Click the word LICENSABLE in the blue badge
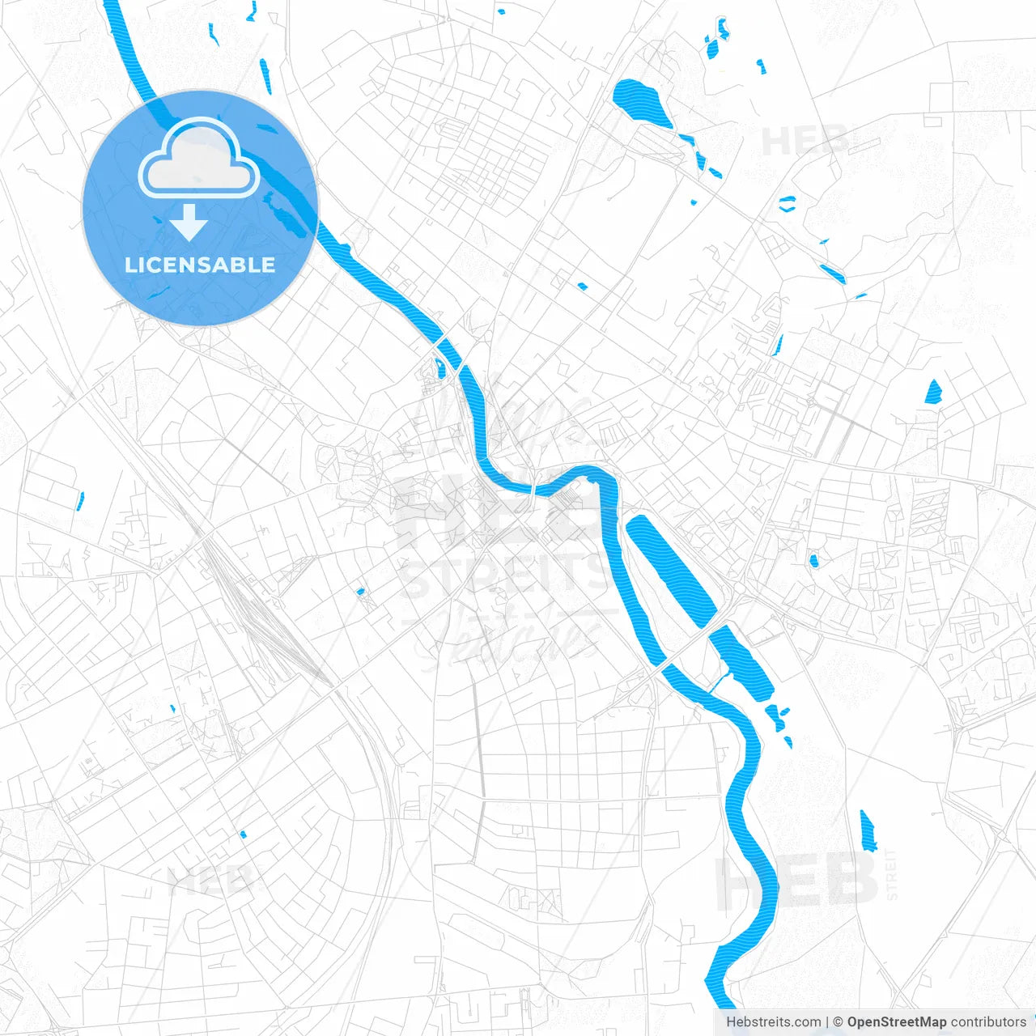pyautogui.click(x=200, y=265)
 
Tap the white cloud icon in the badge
pyautogui.click(x=199, y=160)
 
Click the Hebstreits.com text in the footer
pyautogui.click(x=773, y=1022)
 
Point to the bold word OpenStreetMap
pyautogui.click(x=897, y=1022)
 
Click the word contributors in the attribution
pyautogui.click(x=988, y=1022)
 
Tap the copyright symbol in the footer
pyautogui.click(x=838, y=1022)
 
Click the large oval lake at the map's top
pyautogui.click(x=643, y=103)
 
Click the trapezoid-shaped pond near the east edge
pyautogui.click(x=934, y=392)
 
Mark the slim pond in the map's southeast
pyautogui.click(x=868, y=831)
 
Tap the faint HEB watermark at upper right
pyautogui.click(x=805, y=142)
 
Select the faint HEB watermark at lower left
pyautogui.click(x=212, y=880)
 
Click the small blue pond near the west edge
pyautogui.click(x=79, y=502)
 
